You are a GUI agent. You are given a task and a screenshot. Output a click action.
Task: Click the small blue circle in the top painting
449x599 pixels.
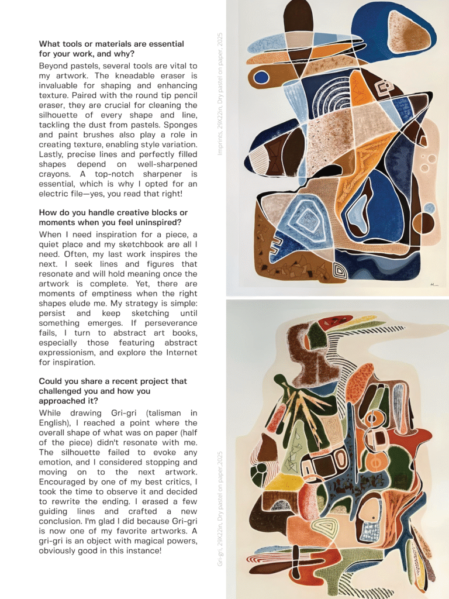(x=261, y=77)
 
